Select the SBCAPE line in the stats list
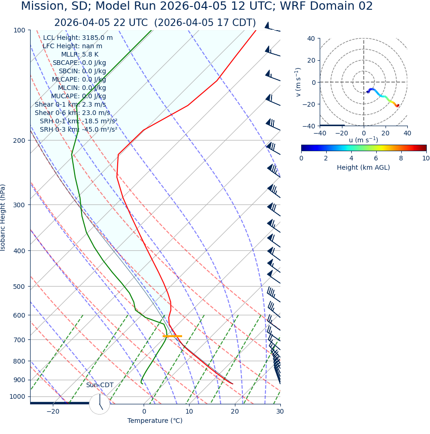[79, 63]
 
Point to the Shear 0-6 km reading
[72, 113]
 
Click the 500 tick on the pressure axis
[19, 287]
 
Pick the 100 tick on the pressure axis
[19, 30]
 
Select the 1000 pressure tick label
[18, 396]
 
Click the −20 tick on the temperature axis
[53, 411]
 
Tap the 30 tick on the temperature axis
[280, 411]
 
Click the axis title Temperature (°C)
[155, 421]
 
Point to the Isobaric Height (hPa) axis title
[3, 217]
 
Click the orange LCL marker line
[172, 336]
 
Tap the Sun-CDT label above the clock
[100, 385]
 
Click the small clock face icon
[99, 404]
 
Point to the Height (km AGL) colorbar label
[363, 167]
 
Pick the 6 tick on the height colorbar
[376, 158]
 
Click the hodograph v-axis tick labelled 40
[310, 38]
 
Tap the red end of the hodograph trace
[398, 106]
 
